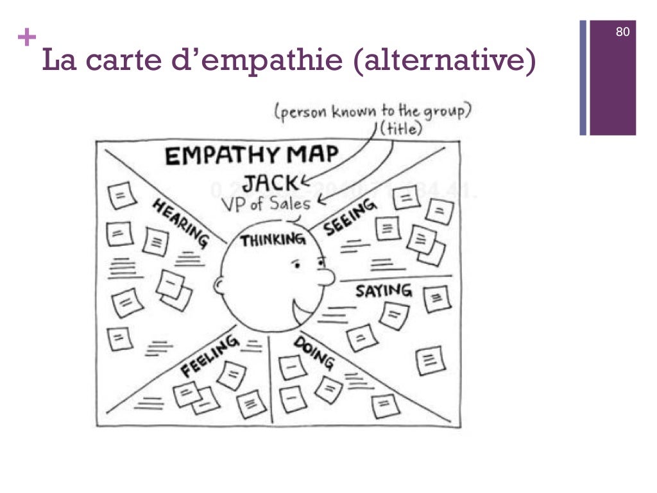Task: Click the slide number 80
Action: (622, 31)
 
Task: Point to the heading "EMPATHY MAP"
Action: (252, 156)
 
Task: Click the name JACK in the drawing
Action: (270, 183)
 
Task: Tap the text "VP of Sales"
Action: (266, 204)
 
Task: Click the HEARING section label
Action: (180, 221)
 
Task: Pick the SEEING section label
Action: (349, 218)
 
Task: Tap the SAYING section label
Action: (384, 291)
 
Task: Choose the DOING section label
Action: (314, 352)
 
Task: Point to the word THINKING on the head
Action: (272, 241)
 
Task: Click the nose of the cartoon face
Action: (328, 277)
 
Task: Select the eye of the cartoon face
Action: (296, 263)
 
